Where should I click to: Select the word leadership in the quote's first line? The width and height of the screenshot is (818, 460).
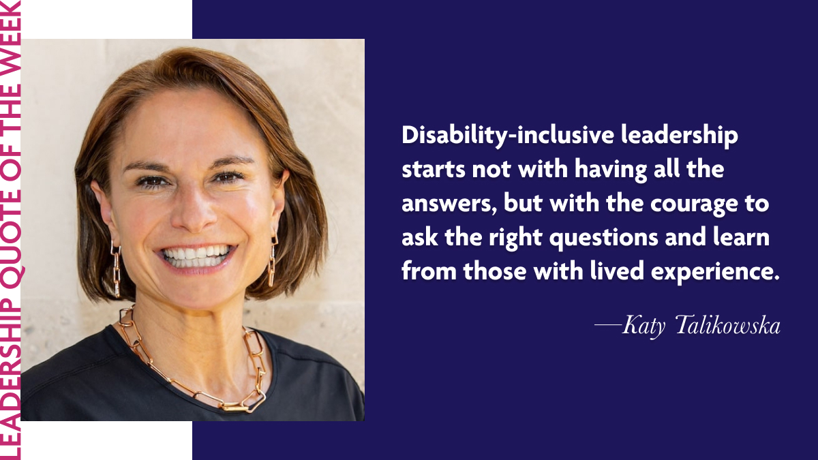(680, 136)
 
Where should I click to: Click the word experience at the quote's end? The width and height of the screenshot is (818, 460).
(715, 273)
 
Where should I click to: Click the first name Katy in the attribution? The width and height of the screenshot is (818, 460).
(643, 326)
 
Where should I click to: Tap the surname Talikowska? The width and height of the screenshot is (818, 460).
(728, 325)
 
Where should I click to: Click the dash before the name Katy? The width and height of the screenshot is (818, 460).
(608, 324)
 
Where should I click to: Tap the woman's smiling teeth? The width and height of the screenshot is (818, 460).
(196, 257)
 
